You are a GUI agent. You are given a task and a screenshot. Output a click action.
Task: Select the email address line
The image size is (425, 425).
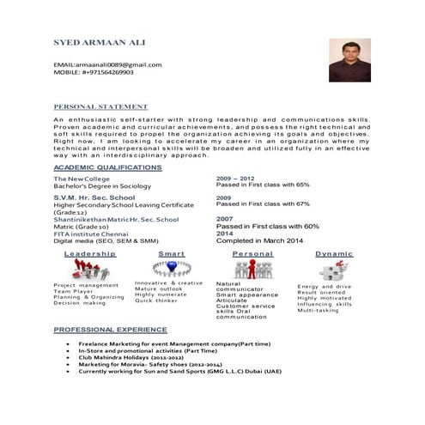pyautogui.click(x=107, y=64)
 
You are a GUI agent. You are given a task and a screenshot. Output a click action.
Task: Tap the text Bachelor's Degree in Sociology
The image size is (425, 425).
pyautogui.click(x=102, y=185)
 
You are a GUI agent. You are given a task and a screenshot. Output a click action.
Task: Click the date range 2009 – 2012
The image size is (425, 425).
pyautogui.click(x=236, y=178)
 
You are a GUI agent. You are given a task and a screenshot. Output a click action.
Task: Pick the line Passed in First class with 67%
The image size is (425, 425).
pyautogui.click(x=263, y=204)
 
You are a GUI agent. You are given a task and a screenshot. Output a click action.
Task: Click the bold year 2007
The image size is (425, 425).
pyautogui.click(x=225, y=219)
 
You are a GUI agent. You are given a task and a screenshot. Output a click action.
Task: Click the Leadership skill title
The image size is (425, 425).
pyautogui.click(x=90, y=254)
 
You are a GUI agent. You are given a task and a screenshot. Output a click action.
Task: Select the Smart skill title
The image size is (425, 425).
pyautogui.click(x=171, y=254)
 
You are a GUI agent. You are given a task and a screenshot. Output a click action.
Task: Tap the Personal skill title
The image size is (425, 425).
pyautogui.click(x=252, y=254)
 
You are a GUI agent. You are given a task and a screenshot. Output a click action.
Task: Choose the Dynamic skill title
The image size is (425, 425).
pyautogui.click(x=334, y=254)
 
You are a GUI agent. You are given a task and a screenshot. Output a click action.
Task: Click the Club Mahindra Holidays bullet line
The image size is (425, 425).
pyautogui.click(x=137, y=356)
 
